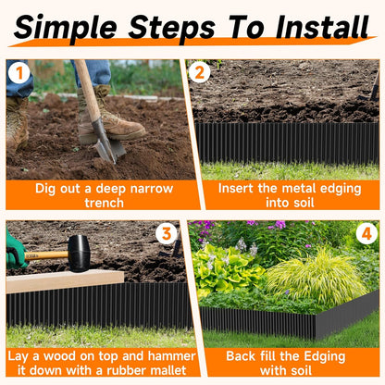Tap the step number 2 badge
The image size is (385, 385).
pyautogui.click(x=199, y=71)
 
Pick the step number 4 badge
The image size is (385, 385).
pyautogui.click(x=366, y=233)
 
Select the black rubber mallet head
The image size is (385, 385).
pyautogui.click(x=79, y=253)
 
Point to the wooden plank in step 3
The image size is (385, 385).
pyautogui.click(x=65, y=280)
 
